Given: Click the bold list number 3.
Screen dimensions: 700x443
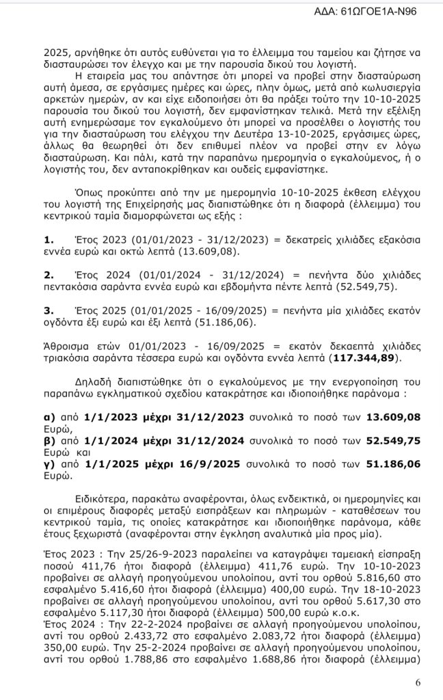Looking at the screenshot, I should [x=48, y=310].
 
